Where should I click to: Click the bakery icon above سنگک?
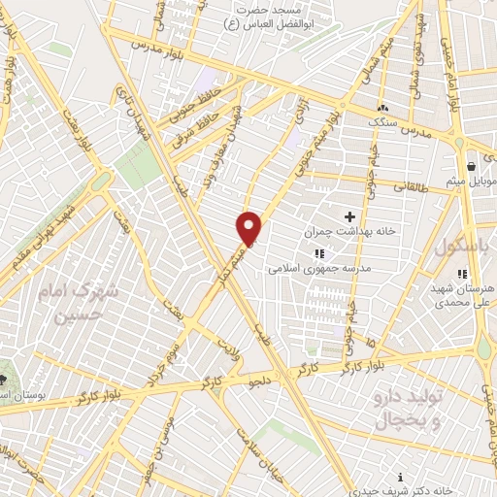coord(382,107)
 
